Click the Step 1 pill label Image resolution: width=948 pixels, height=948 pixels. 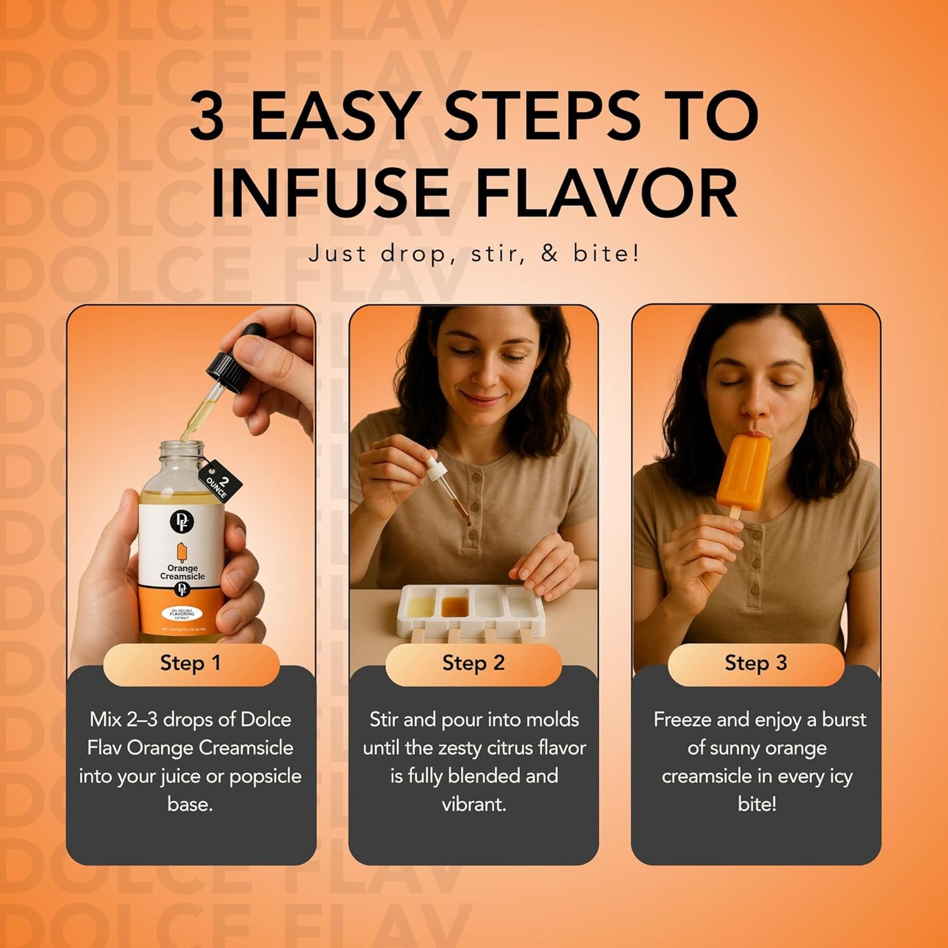(190, 663)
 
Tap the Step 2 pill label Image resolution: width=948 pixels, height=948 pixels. (473, 663)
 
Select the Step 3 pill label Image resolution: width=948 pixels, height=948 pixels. (755, 663)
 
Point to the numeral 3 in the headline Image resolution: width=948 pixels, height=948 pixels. (207, 115)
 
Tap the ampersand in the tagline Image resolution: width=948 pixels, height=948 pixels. (549, 253)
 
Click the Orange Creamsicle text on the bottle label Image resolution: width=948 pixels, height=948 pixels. (182, 572)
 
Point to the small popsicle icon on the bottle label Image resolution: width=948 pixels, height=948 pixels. (182, 552)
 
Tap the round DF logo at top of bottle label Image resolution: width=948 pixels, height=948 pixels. (181, 521)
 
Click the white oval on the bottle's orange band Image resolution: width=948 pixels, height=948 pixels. (182, 613)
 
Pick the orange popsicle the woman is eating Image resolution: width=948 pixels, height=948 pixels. (743, 472)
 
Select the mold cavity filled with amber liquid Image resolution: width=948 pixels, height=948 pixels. (454, 605)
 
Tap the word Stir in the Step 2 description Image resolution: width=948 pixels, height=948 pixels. (384, 720)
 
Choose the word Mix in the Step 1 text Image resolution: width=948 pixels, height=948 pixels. (105, 720)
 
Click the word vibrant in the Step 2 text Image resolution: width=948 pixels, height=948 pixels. (473, 804)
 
